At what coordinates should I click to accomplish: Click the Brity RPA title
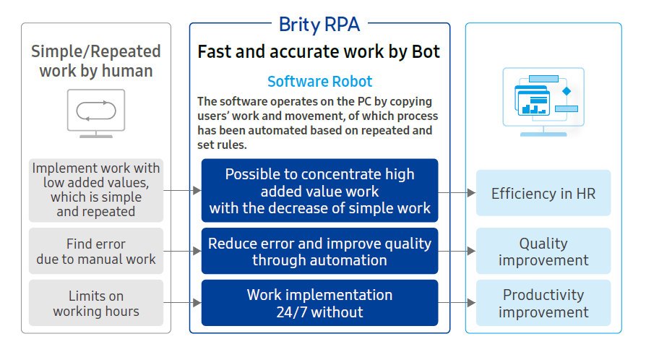click(x=319, y=25)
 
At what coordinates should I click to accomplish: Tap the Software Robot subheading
click(x=319, y=81)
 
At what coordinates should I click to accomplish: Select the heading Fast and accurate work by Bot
click(x=319, y=52)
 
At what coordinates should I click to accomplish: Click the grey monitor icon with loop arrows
click(x=96, y=113)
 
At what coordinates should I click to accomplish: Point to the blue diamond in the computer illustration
click(x=567, y=91)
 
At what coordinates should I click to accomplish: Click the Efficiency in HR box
click(x=543, y=192)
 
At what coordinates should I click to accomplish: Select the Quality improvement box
click(x=543, y=251)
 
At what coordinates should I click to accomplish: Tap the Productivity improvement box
click(x=543, y=303)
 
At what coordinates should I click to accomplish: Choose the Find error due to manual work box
click(x=96, y=251)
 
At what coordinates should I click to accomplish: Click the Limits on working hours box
click(x=96, y=303)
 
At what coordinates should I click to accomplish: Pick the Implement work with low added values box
click(x=96, y=190)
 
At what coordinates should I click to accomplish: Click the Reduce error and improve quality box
click(x=319, y=251)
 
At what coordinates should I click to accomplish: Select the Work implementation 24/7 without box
click(x=319, y=303)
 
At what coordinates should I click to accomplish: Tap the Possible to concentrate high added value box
click(x=319, y=190)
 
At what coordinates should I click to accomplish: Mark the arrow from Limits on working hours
click(x=182, y=303)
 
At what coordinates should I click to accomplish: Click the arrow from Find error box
click(x=182, y=251)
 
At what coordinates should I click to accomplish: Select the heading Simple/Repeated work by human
click(x=96, y=61)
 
